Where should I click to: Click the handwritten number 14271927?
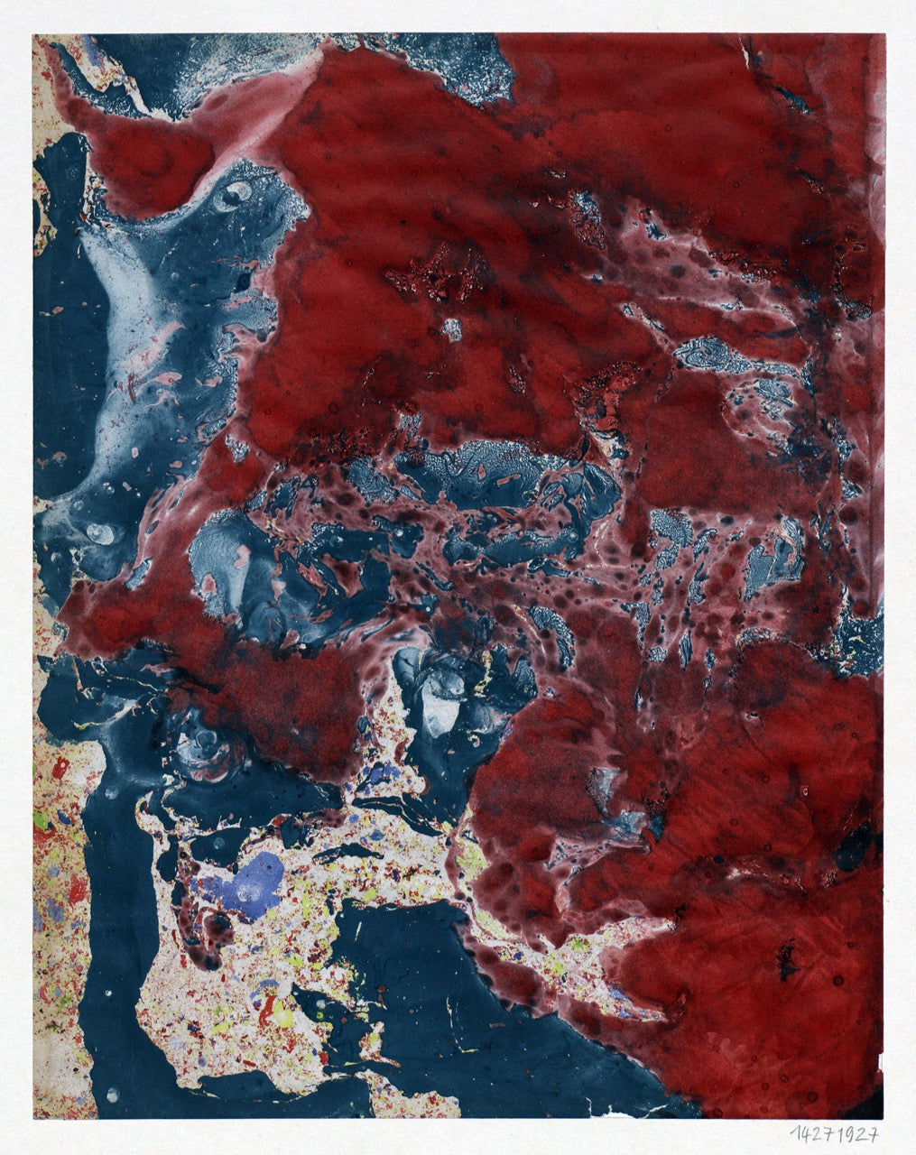tap(834, 1134)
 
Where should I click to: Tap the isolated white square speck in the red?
tap(452, 328)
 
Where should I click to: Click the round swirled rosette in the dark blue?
tap(204, 745)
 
